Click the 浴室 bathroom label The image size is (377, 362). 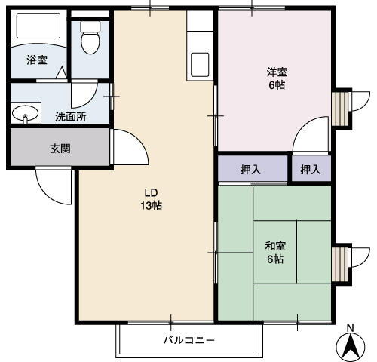point(36,60)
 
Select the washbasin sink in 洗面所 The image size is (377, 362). point(25,114)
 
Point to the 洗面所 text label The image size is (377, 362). point(70,117)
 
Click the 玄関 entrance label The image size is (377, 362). point(60,149)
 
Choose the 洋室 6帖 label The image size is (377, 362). point(277,79)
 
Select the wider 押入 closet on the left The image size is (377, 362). point(251,169)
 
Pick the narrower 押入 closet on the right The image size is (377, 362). point(311,169)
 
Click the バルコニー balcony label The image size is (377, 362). point(189,340)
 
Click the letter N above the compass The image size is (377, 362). point(349,327)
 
